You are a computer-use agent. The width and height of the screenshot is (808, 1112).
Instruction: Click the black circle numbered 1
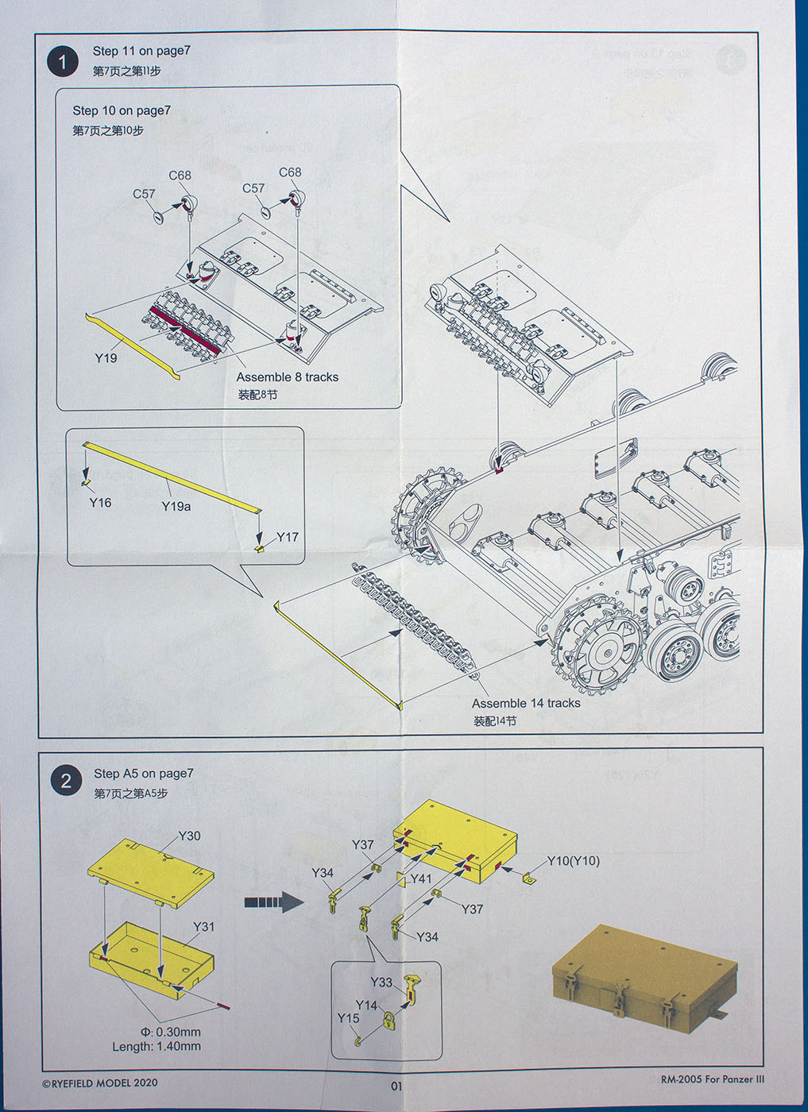pyautogui.click(x=63, y=61)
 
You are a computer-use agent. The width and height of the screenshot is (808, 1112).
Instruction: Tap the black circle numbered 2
pyautogui.click(x=66, y=781)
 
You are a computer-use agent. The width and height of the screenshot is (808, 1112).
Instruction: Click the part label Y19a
pyautogui.click(x=176, y=506)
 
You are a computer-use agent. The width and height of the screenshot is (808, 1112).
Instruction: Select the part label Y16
pyautogui.click(x=100, y=502)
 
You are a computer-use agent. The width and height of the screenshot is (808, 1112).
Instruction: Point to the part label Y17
pyautogui.click(x=287, y=537)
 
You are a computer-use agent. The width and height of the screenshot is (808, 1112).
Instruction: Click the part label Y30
pyautogui.click(x=189, y=836)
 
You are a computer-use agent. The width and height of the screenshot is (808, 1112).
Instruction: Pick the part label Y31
pyautogui.click(x=203, y=926)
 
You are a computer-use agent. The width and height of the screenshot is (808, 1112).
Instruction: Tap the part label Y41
pyautogui.click(x=420, y=878)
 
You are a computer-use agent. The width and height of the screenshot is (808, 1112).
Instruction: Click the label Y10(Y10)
pyautogui.click(x=573, y=861)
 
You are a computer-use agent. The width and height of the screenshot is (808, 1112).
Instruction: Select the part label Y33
pyautogui.click(x=381, y=982)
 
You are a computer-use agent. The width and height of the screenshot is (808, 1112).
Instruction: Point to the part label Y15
pyautogui.click(x=348, y=1017)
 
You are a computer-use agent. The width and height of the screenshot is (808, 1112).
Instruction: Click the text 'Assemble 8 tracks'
pyautogui.click(x=287, y=377)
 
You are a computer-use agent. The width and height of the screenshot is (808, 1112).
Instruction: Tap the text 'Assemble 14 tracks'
pyautogui.click(x=526, y=703)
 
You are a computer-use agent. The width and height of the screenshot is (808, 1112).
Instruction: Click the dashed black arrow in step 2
pyautogui.click(x=273, y=902)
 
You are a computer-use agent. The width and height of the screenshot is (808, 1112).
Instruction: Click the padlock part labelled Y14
pyautogui.click(x=389, y=1021)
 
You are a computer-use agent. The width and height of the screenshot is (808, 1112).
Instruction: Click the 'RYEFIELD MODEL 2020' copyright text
pyautogui.click(x=99, y=1083)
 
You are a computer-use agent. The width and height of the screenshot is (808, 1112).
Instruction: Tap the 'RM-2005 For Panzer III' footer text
pyautogui.click(x=712, y=1079)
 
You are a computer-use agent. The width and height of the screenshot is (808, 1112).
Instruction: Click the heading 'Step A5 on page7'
pyautogui.click(x=143, y=773)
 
